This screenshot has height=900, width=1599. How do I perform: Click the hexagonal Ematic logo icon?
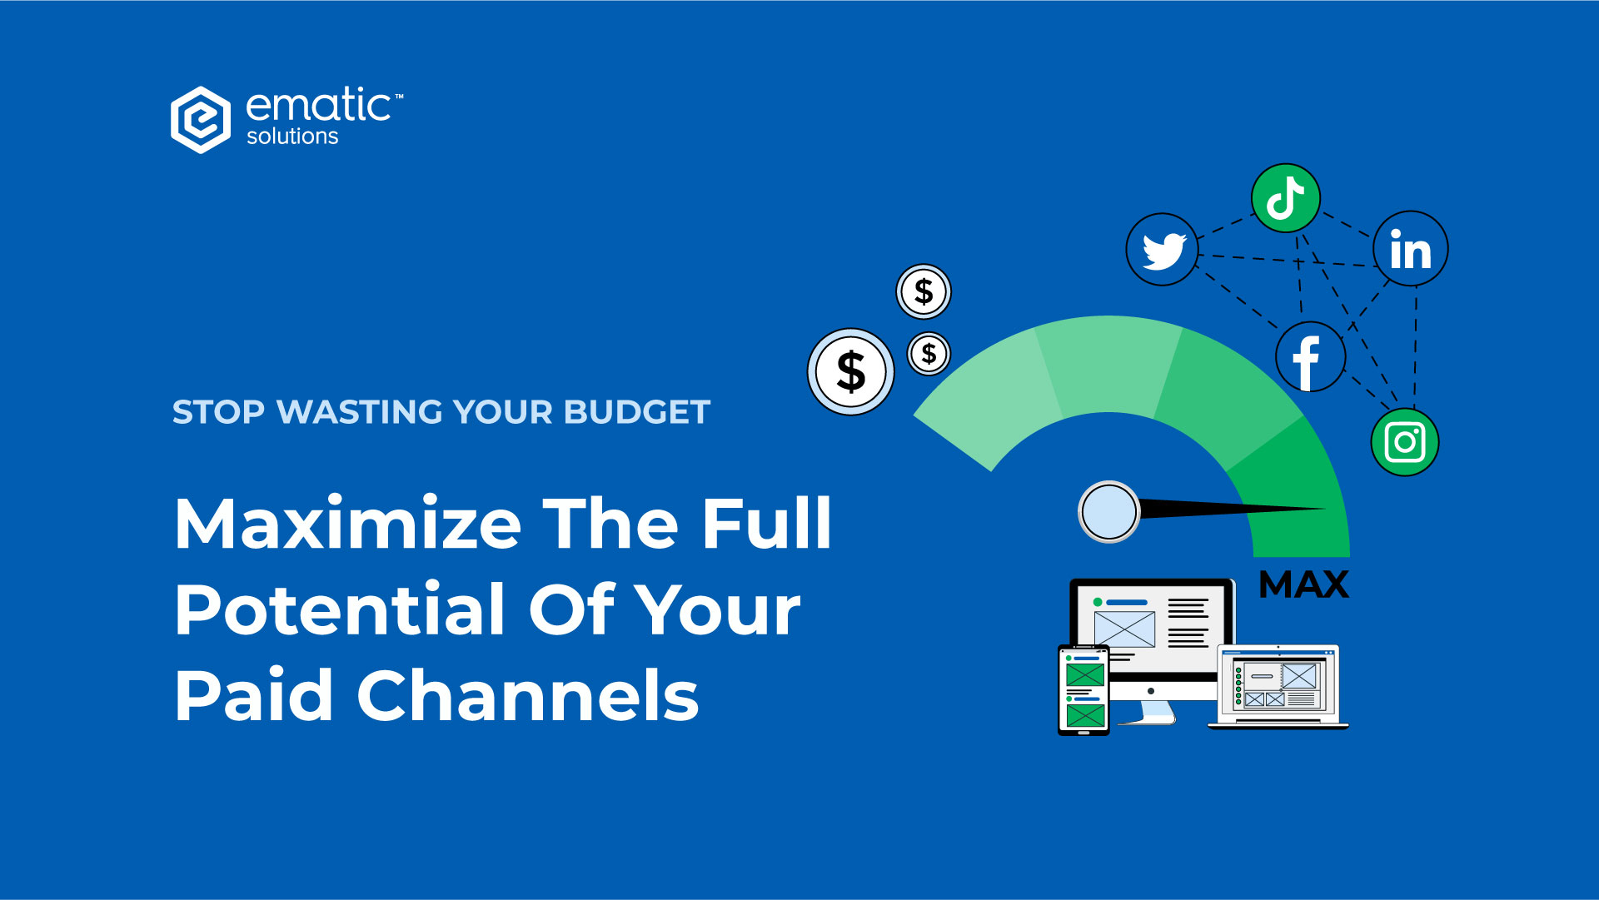coord(201,120)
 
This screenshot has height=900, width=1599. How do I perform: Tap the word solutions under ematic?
coord(292,137)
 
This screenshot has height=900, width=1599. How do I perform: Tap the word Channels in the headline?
coord(528,695)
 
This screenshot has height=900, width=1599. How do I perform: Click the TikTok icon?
coord(1286,198)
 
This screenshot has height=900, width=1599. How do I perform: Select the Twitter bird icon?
coord(1162,249)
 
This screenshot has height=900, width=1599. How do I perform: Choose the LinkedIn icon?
coord(1411,248)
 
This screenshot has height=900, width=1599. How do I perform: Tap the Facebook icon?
coord(1310,357)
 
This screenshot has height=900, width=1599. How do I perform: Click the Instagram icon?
coord(1405,442)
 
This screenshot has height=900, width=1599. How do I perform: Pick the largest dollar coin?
coord(851,371)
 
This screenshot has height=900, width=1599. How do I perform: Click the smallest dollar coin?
coord(929,354)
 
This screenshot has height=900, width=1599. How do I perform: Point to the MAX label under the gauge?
coord(1304,584)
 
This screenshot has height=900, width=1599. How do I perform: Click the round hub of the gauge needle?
coord(1109,512)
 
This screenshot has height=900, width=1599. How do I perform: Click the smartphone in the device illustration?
coord(1083,690)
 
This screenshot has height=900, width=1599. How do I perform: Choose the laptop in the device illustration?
coord(1278,687)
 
